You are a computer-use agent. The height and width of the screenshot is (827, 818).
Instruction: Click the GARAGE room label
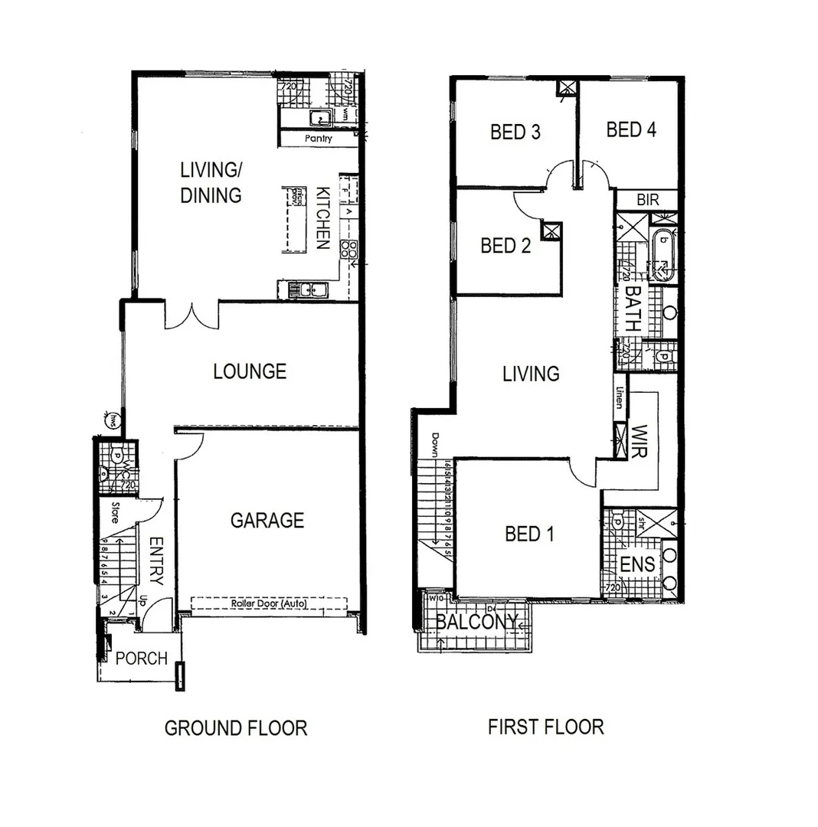[267, 521]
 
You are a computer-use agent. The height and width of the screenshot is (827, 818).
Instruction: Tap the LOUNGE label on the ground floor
[250, 371]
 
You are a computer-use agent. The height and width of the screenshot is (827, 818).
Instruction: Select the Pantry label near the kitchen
[318, 139]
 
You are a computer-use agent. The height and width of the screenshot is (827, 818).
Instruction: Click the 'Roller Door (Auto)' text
[269, 603]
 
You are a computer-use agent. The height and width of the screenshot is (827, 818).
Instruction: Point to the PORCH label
[141, 659]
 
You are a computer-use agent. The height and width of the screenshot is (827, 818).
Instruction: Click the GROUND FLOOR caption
[236, 727]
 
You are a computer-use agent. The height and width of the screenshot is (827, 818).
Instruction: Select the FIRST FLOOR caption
[545, 726]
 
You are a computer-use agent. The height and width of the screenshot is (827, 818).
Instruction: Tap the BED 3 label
[515, 132]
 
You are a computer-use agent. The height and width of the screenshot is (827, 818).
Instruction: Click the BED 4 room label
[631, 129]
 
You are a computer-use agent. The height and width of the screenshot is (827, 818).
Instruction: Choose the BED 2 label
[506, 246]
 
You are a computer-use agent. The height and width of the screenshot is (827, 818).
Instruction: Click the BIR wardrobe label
[647, 200]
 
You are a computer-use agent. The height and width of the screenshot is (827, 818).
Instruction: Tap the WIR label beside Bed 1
[640, 441]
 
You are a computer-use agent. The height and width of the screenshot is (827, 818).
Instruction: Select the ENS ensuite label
[637, 565]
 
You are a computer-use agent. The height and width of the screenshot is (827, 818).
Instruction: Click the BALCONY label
[476, 623]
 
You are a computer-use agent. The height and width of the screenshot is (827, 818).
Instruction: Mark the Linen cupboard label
[619, 397]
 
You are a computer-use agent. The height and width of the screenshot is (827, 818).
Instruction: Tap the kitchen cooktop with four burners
[348, 249]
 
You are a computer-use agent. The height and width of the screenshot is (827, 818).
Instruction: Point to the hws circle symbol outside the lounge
[113, 419]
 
